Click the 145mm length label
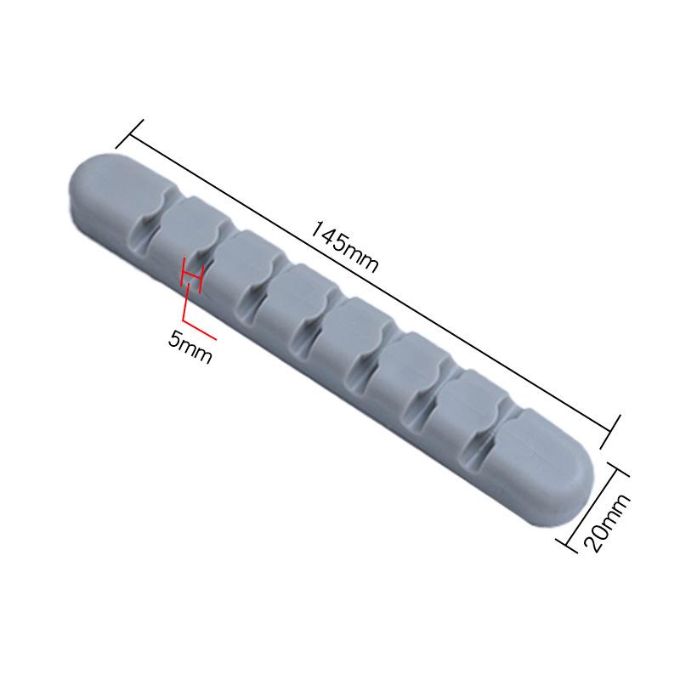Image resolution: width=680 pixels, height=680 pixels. (344, 246)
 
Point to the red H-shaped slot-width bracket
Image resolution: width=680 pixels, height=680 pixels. (192, 276)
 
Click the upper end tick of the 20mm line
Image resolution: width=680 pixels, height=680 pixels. (620, 473)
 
